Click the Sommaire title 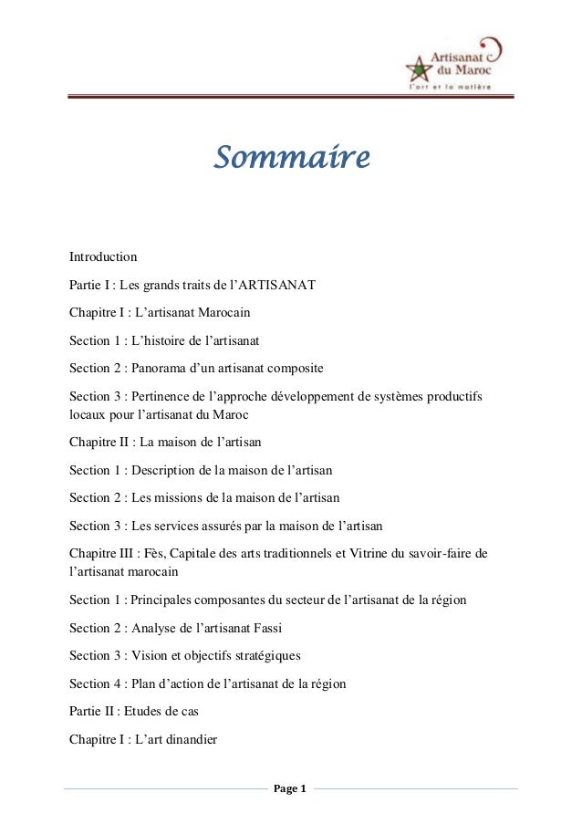point(291,158)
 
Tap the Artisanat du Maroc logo point(452,61)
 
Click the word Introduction point(103,256)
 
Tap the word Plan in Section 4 point(143,683)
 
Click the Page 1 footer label point(291,788)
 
